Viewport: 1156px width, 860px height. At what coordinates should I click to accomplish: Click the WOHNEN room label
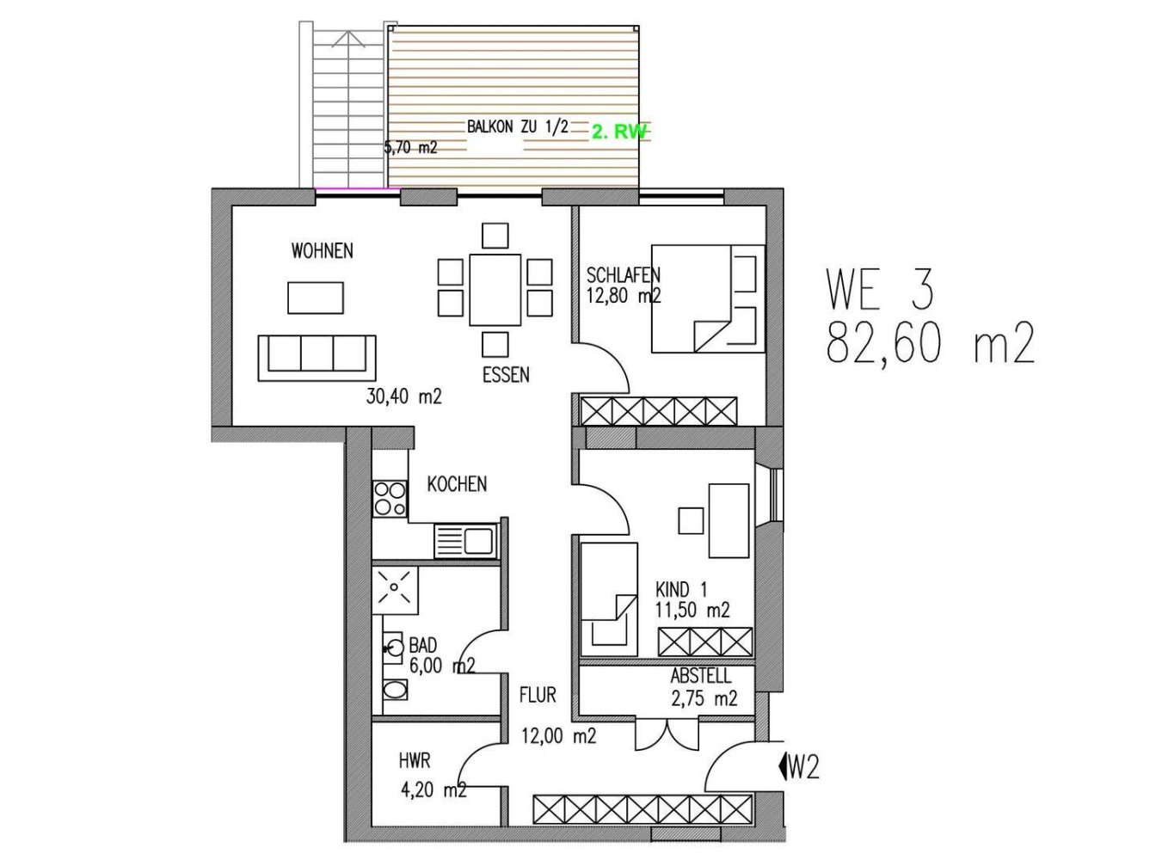[x=322, y=251]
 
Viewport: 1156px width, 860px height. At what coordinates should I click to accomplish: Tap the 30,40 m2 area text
[x=403, y=396]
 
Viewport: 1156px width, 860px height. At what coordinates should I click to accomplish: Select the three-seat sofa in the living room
[x=317, y=358]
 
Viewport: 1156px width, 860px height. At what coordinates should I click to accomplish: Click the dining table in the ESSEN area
[x=495, y=289]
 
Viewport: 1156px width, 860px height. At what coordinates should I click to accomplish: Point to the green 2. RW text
[x=618, y=132]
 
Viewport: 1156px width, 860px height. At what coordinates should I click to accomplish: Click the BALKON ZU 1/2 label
[x=517, y=126]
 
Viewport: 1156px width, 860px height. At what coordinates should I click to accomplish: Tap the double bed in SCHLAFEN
[x=707, y=299]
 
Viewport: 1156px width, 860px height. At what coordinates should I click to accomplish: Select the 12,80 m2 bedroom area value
[x=623, y=297]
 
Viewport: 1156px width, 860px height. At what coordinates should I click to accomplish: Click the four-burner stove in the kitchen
[x=390, y=499]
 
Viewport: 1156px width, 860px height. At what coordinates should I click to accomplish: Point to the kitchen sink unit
[x=465, y=541]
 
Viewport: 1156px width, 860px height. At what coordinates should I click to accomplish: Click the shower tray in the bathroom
[x=395, y=589]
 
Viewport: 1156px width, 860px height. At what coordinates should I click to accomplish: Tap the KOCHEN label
[x=457, y=484]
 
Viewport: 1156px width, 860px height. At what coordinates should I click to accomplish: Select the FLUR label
[x=538, y=695]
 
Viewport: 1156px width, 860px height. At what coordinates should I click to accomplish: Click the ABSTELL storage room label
[x=700, y=677]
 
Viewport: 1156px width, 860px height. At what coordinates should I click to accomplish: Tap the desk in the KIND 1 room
[x=729, y=519]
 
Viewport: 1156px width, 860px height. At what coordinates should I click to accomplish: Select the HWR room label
[x=415, y=761]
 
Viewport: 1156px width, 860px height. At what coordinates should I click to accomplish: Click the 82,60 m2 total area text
[x=930, y=344]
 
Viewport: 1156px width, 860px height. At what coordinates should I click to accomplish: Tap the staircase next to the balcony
[x=344, y=103]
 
